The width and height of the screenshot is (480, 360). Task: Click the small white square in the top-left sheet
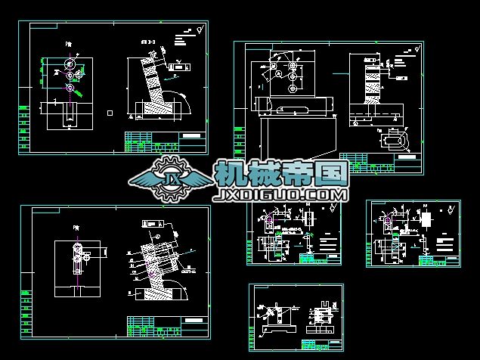coord(110,113)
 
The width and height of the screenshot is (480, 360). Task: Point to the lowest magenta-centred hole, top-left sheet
coord(70,88)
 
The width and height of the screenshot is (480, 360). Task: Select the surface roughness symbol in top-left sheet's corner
coord(197,30)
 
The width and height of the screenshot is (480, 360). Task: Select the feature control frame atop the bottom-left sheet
coord(153,225)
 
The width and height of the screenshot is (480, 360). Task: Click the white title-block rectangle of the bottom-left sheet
coord(194,320)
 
